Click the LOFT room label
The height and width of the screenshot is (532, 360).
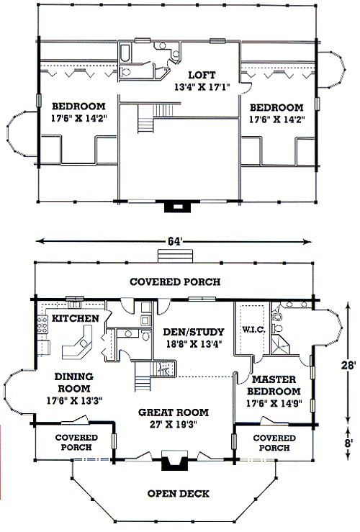[202, 75]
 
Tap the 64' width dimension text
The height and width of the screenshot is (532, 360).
[174, 241]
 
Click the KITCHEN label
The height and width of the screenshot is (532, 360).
[76, 318]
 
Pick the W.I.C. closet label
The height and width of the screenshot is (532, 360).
[253, 330]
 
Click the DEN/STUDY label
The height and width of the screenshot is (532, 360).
[194, 331]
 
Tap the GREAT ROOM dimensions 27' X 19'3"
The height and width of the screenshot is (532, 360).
[173, 424]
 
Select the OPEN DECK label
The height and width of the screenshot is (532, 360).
[178, 493]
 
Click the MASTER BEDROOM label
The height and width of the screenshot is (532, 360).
[274, 385]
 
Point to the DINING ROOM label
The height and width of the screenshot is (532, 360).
[74, 382]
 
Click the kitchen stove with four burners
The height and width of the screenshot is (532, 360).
[42, 324]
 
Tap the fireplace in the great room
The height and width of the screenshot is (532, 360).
[174, 461]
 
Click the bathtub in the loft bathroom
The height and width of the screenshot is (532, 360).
[125, 53]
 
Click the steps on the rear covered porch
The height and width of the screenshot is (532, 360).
[175, 256]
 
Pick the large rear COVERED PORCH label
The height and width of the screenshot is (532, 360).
[175, 281]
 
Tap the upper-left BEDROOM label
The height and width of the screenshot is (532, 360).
[78, 107]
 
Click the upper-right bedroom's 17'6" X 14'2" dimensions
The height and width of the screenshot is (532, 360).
[277, 120]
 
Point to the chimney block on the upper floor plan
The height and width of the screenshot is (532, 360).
[177, 207]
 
